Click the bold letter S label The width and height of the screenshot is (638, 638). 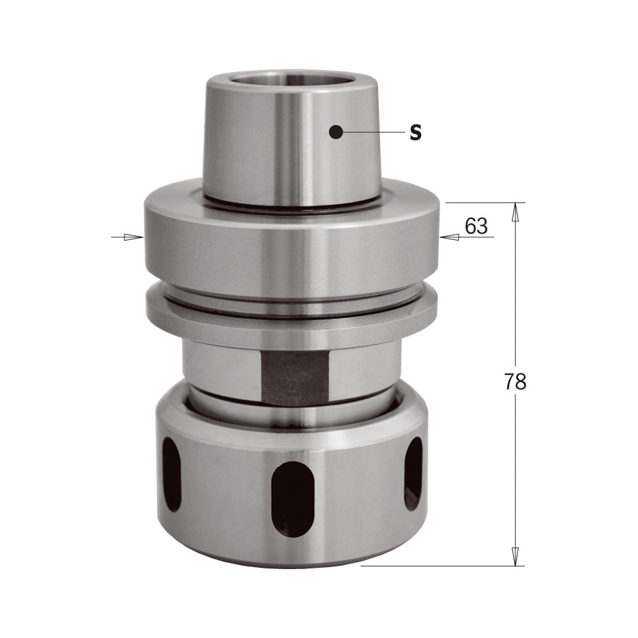[415, 133]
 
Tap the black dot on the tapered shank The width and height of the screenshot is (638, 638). [336, 132]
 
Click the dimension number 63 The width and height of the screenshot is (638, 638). [476, 226]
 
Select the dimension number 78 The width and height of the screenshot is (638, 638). [515, 382]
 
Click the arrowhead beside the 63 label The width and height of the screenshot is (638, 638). [449, 237]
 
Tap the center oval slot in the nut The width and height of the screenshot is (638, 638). [293, 498]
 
